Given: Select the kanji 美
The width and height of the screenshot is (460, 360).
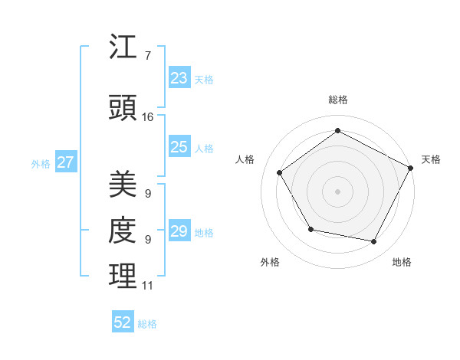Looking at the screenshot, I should pos(123,185).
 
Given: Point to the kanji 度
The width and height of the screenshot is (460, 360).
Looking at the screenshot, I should pos(123,231).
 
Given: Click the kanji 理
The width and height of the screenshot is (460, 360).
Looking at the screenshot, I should pos(123,277).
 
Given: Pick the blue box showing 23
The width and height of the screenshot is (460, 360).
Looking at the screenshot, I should pos(179,78).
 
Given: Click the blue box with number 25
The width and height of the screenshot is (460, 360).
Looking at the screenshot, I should pos(179,147).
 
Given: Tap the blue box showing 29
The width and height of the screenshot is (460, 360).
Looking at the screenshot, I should pos(179,231).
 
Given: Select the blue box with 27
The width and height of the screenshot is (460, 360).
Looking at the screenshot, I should pos(65,162).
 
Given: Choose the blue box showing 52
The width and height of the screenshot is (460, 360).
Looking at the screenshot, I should pos(123,322).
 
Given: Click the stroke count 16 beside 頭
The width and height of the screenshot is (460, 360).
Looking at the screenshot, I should pos(148,117).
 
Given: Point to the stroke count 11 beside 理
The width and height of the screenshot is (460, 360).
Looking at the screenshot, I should pos(147,286).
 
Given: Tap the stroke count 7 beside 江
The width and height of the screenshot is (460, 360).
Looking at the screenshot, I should pos(147,56).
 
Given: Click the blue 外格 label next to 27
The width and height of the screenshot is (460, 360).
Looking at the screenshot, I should pos(41,163).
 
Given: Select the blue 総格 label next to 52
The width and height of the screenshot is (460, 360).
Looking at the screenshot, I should pos(147,324).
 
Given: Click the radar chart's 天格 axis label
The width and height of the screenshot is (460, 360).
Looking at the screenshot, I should pos(432,159).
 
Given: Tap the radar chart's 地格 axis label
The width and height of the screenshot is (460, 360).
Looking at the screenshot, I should pos(402,262).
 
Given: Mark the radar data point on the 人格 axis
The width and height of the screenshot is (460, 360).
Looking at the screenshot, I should pos(280,173).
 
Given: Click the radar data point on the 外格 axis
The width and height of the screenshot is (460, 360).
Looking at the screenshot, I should pos(310,229).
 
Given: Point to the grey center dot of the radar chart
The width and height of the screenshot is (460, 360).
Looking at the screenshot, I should pos(337,191).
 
